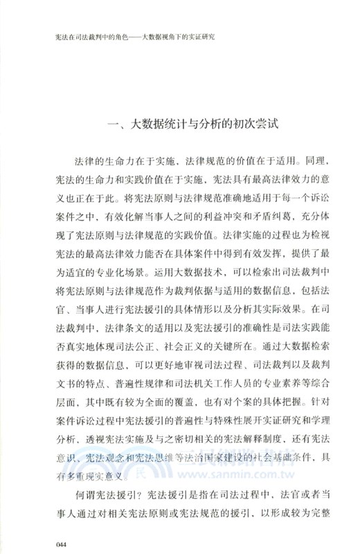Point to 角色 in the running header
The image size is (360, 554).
click(118, 36)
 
